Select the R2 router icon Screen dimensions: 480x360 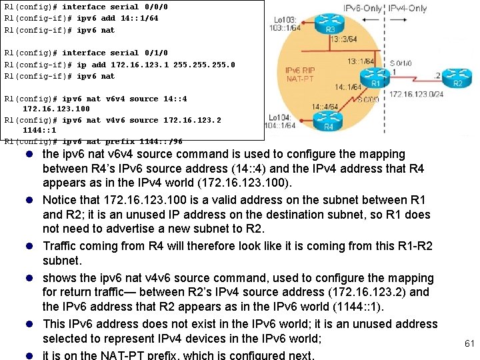457,78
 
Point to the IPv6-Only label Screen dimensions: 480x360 364,8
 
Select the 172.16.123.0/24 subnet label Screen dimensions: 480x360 417,95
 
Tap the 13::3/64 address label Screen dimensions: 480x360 343,39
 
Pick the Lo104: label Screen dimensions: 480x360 278,117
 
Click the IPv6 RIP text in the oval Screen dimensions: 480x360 300,70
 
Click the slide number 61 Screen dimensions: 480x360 469,343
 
